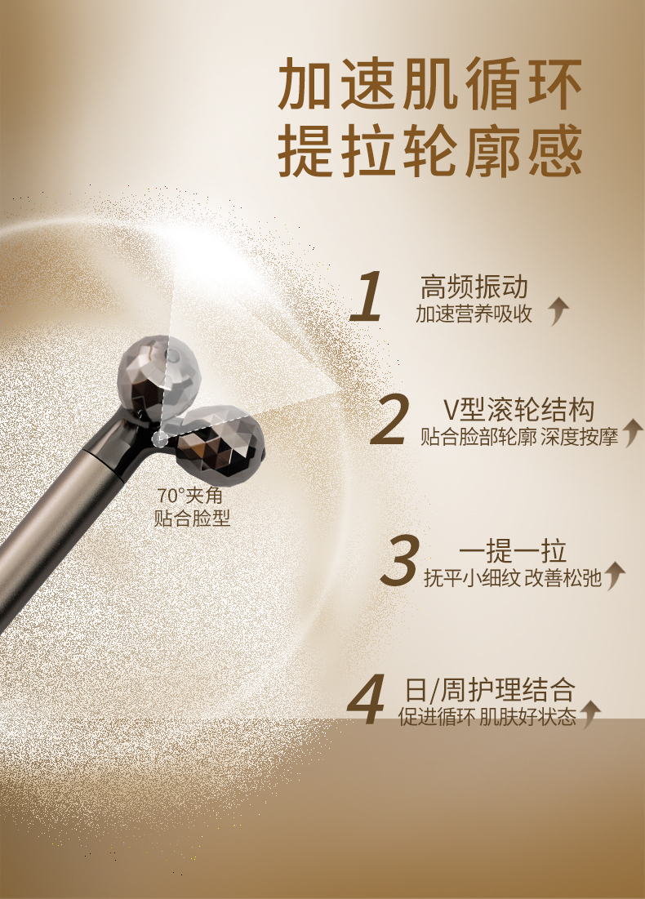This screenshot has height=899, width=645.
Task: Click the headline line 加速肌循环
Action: click(x=430, y=84)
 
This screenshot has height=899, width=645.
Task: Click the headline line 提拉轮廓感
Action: click(x=430, y=150)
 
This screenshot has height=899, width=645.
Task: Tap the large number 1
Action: click(x=367, y=297)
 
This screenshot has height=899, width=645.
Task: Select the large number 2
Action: click(x=390, y=419)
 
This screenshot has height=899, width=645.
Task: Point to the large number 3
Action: click(x=399, y=560)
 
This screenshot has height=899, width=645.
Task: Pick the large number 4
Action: click(x=367, y=699)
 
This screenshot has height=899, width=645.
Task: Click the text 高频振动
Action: click(x=474, y=287)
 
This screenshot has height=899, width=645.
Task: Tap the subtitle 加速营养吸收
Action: click(x=474, y=314)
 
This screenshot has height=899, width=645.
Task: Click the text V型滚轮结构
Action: click(x=519, y=409)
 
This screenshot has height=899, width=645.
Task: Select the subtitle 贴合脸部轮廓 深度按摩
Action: click(x=519, y=437)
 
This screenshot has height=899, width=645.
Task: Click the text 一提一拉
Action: click(x=512, y=551)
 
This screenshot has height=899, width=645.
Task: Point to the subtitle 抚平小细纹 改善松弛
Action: click(x=513, y=578)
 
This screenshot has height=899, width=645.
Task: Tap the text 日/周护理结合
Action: click(x=490, y=690)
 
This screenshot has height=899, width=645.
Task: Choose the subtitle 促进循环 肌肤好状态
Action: click(x=487, y=717)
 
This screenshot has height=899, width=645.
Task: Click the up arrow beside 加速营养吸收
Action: click(x=558, y=312)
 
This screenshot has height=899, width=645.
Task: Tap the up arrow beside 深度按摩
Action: click(x=633, y=433)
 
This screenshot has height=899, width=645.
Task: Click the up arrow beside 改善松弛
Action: click(x=614, y=576)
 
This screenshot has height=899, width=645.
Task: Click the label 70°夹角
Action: click(x=189, y=496)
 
